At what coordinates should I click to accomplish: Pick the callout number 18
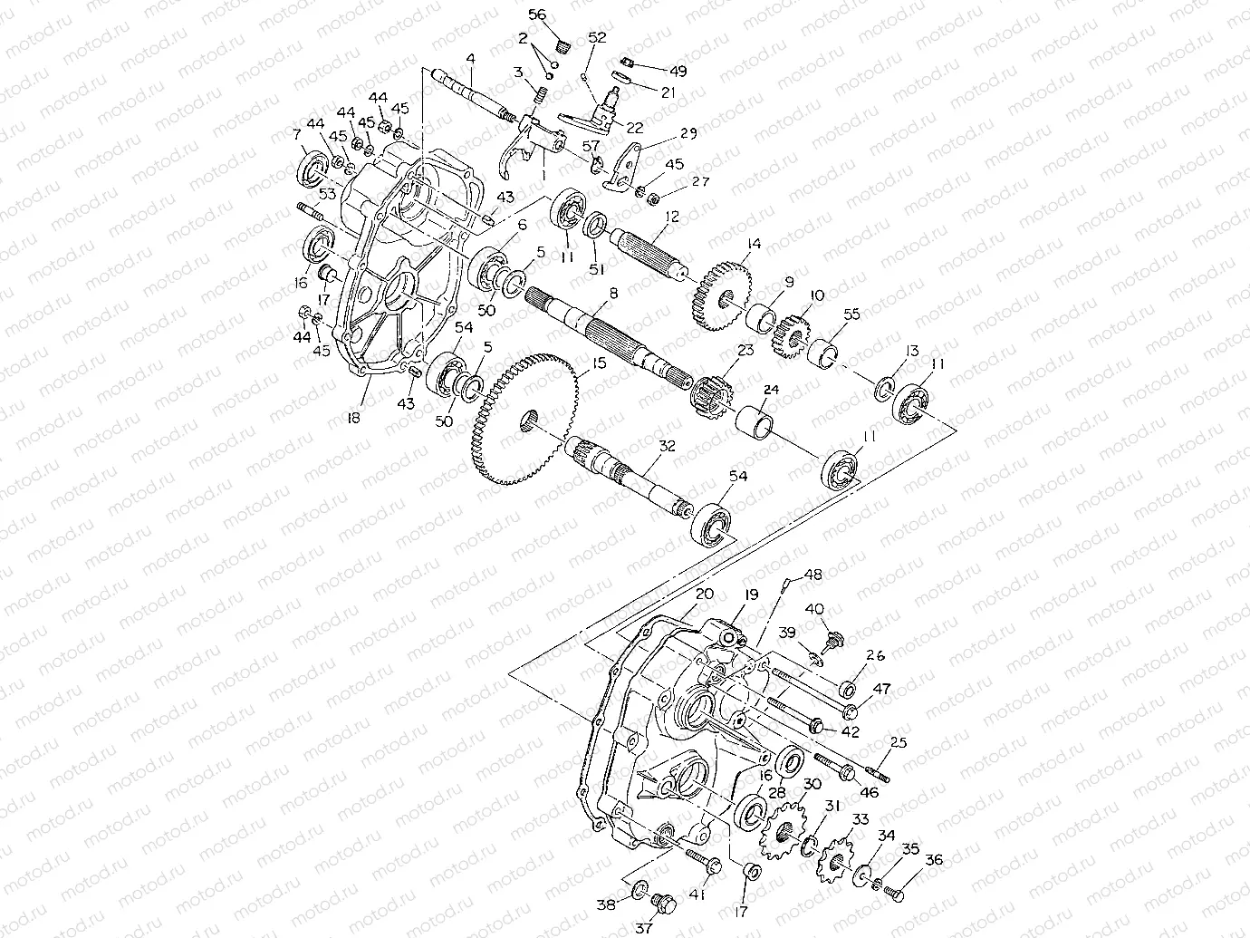pyautogui.click(x=353, y=417)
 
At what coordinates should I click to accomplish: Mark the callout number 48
pyautogui.click(x=813, y=575)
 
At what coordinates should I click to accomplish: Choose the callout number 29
pyautogui.click(x=689, y=134)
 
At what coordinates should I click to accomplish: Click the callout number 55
pyautogui.click(x=851, y=314)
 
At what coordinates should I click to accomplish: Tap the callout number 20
pyautogui.click(x=706, y=595)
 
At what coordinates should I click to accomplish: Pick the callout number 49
pyautogui.click(x=678, y=71)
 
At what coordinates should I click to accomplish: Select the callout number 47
pyautogui.click(x=881, y=690)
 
